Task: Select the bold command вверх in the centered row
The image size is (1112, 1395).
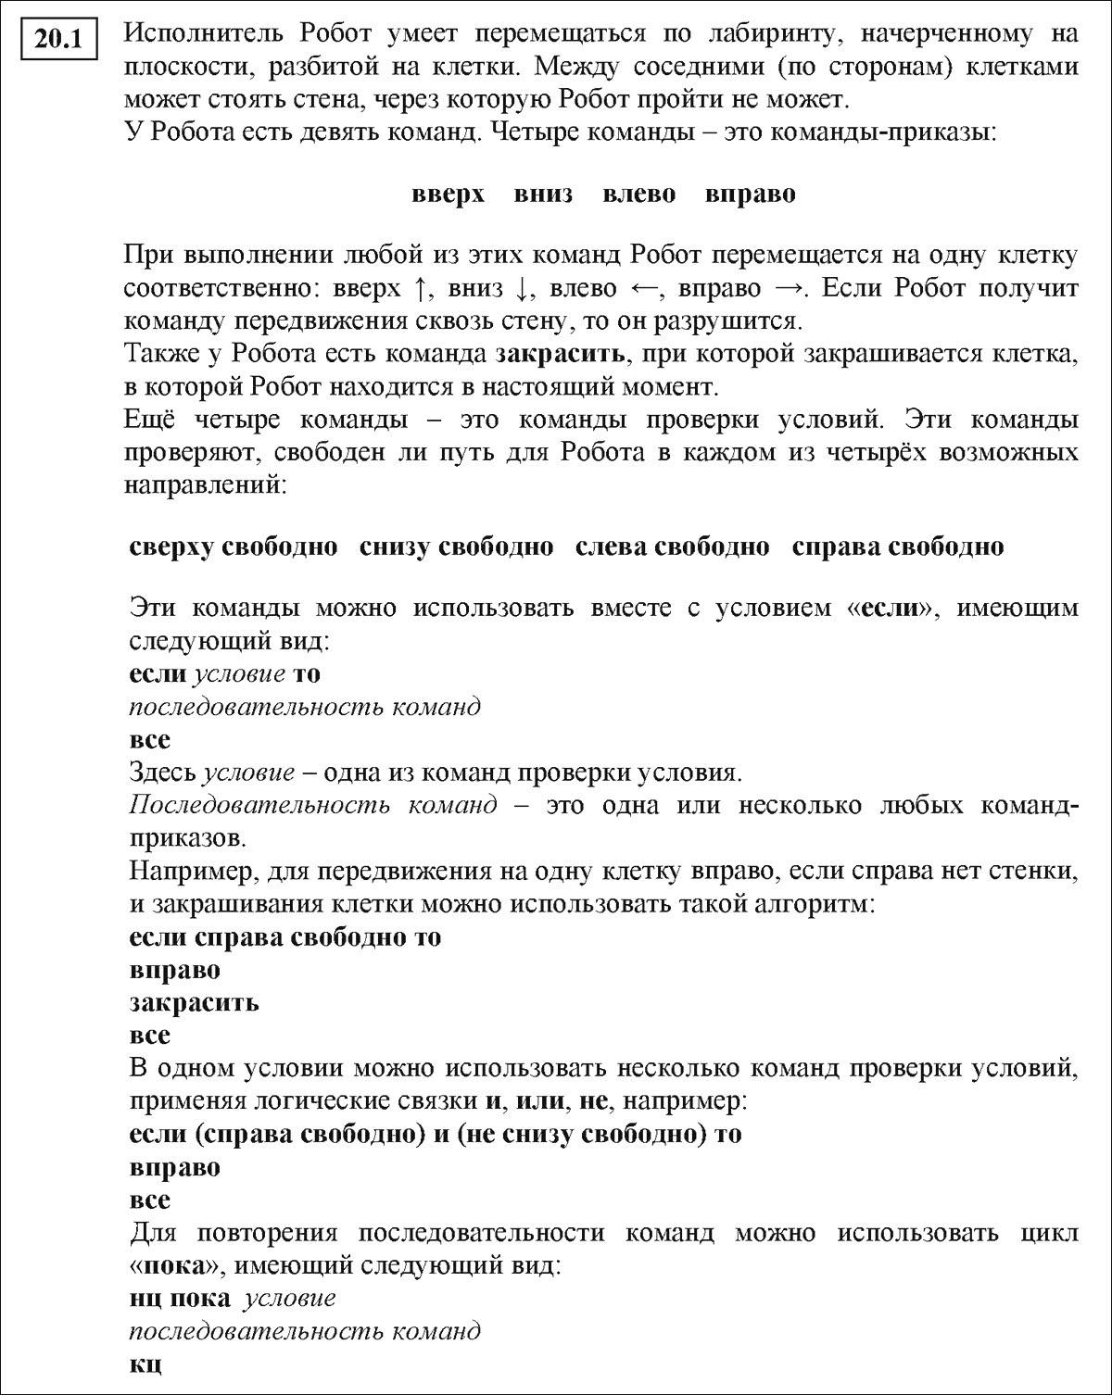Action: [448, 195]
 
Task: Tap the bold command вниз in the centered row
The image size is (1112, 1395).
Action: [543, 195]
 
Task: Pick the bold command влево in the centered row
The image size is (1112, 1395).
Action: [638, 195]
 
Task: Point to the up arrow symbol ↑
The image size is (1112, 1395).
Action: [421, 289]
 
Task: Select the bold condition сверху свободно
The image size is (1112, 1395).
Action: [234, 547]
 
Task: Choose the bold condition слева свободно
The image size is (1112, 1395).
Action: [672, 547]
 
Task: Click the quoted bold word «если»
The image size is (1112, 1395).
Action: [895, 609]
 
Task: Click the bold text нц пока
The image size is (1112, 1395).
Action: [180, 1298]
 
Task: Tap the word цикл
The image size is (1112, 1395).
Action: [1052, 1233]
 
